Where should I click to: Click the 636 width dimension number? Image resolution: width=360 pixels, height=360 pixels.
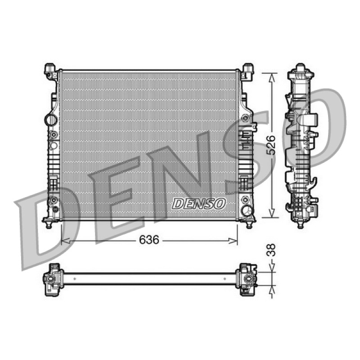point(149,240)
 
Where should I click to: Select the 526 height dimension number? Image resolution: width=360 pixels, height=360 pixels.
point(271,145)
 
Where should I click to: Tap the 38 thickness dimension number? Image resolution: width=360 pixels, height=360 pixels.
point(271,250)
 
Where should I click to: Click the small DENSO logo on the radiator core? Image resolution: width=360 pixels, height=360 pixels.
point(199,203)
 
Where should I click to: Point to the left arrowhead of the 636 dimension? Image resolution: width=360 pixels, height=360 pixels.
point(65,241)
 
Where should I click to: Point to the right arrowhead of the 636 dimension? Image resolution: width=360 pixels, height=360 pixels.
point(233,241)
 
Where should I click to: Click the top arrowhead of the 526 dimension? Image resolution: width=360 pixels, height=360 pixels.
point(272,77)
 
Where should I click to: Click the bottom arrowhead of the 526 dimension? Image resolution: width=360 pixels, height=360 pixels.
point(272,213)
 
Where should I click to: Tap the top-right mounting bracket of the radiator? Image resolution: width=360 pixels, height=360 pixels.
point(247,72)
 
